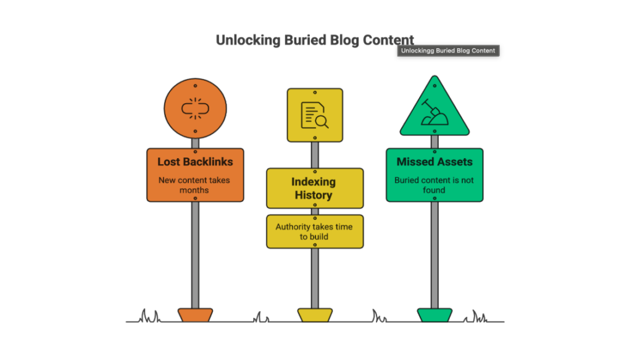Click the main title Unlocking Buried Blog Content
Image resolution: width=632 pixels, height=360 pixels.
[315, 40]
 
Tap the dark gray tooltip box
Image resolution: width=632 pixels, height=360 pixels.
[448, 51]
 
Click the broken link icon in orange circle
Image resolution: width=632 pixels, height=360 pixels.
[195, 109]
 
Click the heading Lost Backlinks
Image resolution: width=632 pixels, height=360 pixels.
[195, 162]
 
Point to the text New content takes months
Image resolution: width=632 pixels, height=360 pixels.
[195, 185]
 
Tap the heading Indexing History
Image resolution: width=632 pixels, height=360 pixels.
[314, 188]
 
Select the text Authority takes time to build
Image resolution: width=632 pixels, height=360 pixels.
[314, 232]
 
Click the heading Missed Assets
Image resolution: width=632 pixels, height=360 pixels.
[434, 162]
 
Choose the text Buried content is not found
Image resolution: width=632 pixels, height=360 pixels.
[434, 185]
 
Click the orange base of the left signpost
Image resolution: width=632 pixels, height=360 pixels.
[195, 315]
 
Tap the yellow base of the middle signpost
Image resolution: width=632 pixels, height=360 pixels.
[315, 315]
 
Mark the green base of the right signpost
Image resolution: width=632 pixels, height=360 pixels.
[434, 315]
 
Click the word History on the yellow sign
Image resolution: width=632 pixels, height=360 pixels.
[314, 195]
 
